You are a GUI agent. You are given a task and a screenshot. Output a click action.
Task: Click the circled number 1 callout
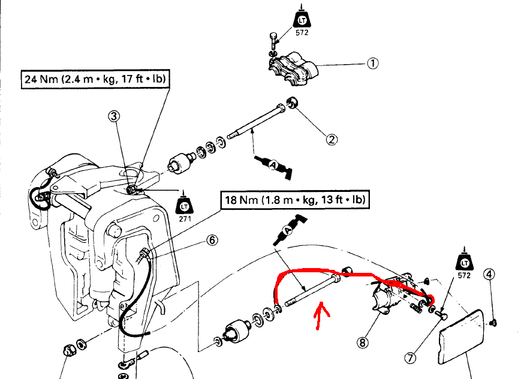[x=372, y=63]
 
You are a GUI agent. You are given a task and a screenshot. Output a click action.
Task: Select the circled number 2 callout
[x=332, y=139]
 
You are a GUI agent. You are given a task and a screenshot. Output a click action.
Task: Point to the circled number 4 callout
[x=490, y=275]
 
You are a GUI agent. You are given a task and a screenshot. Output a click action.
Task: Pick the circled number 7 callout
[x=411, y=358]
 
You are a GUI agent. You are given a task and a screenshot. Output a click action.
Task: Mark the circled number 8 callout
[x=362, y=342]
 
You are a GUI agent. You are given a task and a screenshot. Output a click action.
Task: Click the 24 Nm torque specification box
[x=95, y=79]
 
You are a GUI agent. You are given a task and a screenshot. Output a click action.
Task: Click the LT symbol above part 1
[x=302, y=18]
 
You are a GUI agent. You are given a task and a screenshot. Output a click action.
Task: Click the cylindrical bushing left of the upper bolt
[x=180, y=164]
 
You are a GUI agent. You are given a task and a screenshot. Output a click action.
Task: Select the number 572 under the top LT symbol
[x=302, y=33]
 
